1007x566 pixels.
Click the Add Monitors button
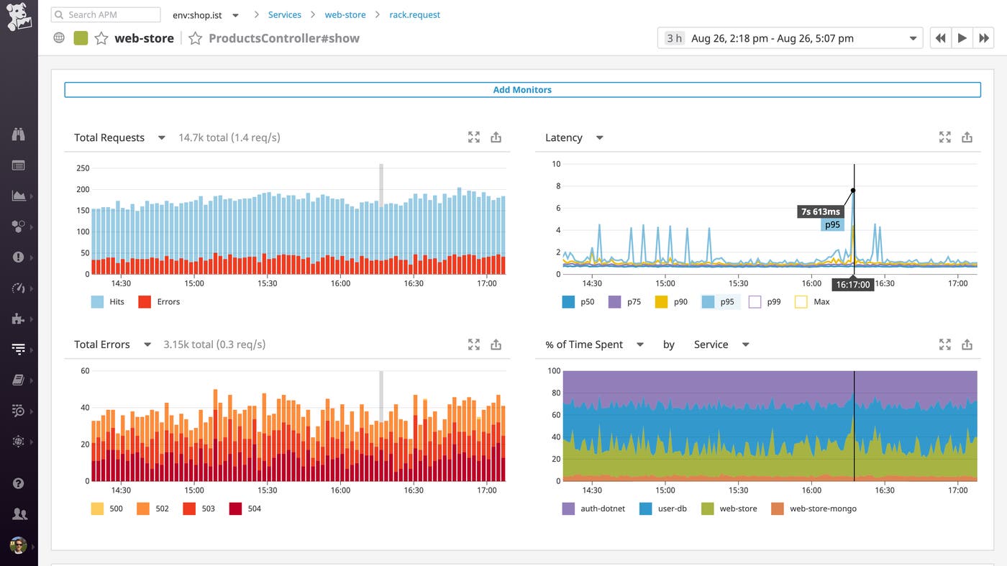click(x=522, y=90)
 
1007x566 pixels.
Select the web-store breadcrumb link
click(x=345, y=14)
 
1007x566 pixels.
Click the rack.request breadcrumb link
click(x=414, y=14)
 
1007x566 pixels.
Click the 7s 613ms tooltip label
click(x=820, y=211)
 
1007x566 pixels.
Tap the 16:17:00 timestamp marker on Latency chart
click(x=853, y=285)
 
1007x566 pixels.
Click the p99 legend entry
click(x=765, y=302)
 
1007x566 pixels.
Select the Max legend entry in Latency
click(x=813, y=302)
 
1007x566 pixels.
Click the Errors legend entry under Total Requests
click(x=160, y=302)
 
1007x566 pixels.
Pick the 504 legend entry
click(x=245, y=508)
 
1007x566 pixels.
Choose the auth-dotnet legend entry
click(x=594, y=508)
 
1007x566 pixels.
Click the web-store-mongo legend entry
click(x=814, y=508)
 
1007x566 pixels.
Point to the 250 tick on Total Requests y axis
click(x=83, y=168)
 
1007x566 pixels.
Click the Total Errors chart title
click(x=102, y=344)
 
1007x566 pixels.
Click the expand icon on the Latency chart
click(x=945, y=137)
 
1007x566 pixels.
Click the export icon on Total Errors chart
click(x=496, y=344)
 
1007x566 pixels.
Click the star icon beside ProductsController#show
click(x=195, y=38)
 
